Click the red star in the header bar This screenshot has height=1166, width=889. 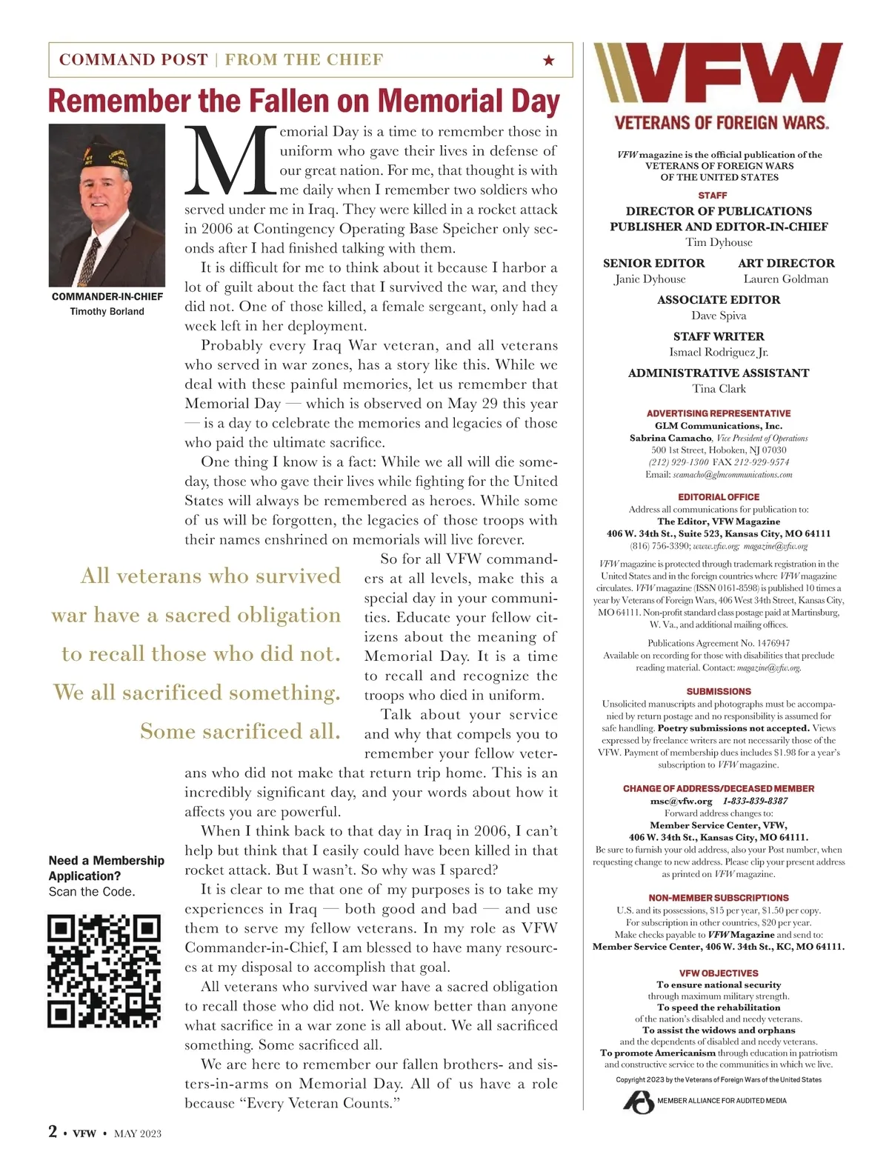point(548,60)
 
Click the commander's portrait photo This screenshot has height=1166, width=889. point(107,205)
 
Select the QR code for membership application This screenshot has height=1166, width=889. point(104,971)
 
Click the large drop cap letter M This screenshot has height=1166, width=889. point(230,161)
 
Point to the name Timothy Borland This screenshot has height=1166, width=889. point(107,311)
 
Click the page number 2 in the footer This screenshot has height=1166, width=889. point(53,1131)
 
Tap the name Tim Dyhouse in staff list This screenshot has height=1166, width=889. point(719,242)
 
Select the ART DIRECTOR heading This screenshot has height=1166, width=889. point(786,263)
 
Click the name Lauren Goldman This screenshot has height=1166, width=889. point(786,279)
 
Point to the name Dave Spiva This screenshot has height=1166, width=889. point(719,316)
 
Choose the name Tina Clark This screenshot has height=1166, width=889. point(719,389)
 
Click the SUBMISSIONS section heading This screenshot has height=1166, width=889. point(719,691)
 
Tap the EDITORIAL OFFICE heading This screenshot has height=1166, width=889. point(719,497)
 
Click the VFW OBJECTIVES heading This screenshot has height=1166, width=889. point(719,973)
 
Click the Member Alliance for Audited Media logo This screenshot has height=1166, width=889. point(639,1102)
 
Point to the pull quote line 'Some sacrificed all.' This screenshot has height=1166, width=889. point(240,731)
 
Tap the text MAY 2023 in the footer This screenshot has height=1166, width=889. point(138,1133)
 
